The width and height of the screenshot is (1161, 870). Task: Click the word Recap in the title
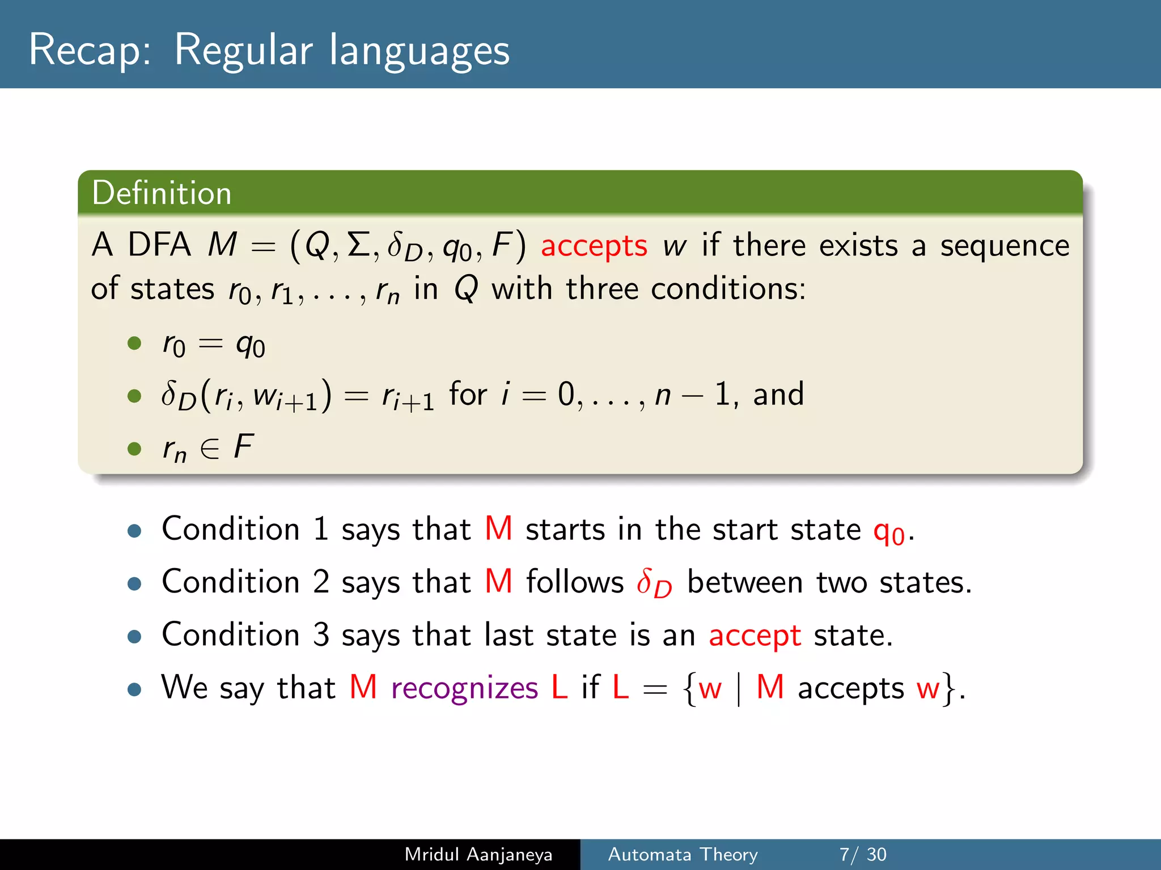89,51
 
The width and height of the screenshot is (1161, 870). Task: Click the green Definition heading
162,193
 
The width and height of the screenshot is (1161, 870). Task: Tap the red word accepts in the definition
594,246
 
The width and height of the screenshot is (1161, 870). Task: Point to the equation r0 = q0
214,344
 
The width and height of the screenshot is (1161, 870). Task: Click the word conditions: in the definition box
728,289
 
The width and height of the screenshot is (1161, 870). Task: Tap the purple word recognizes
464,688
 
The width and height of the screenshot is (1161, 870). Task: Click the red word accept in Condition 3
755,636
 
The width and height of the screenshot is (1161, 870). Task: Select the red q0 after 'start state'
888,531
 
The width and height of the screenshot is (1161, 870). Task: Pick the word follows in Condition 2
575,582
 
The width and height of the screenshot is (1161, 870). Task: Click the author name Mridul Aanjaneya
478,854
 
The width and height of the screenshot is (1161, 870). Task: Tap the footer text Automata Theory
683,854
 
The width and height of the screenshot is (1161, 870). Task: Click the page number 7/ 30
863,854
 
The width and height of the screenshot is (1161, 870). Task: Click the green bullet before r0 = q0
134,343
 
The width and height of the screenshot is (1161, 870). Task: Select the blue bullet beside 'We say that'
134,689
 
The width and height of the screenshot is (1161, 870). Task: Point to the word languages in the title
420,51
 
